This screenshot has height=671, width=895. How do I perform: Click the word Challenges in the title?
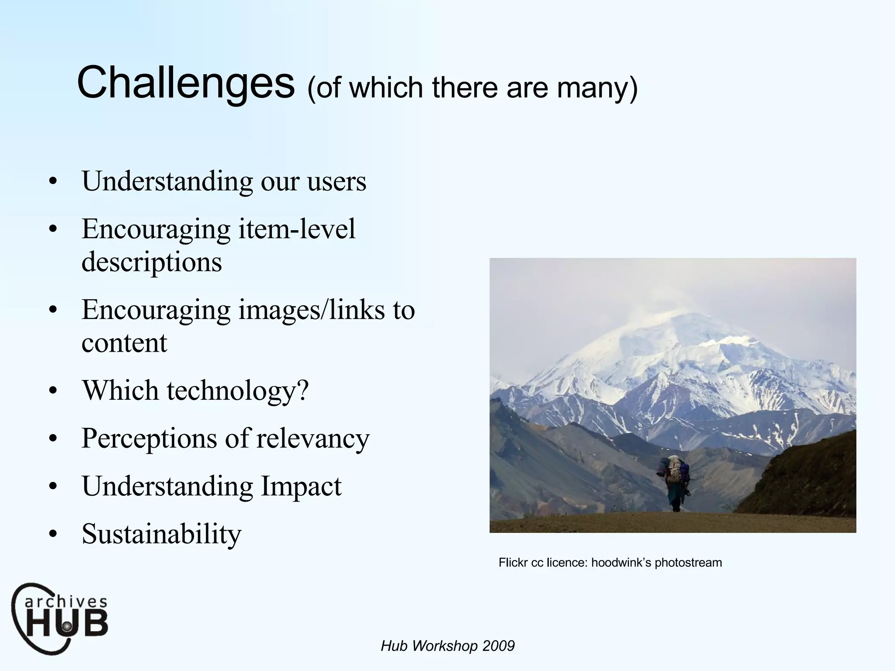tap(186, 83)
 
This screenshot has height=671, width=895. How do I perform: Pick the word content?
tap(124, 343)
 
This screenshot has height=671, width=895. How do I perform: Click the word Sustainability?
tap(161, 534)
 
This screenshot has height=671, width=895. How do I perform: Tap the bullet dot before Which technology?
tap(53, 391)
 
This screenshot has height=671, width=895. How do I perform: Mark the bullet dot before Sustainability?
tap(53, 534)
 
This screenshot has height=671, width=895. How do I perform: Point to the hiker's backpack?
tap(675, 470)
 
